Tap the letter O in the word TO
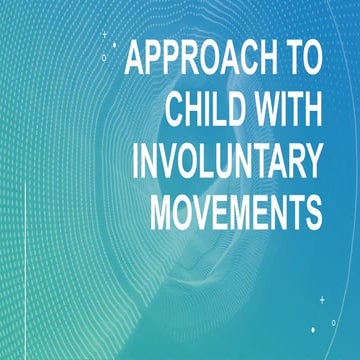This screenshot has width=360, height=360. click(x=311, y=59)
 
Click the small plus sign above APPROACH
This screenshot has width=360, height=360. click(x=106, y=35)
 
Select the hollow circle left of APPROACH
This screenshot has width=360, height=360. click(x=104, y=57)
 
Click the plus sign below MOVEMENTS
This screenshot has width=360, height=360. click(x=322, y=299)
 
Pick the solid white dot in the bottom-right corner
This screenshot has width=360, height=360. click(x=313, y=328)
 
